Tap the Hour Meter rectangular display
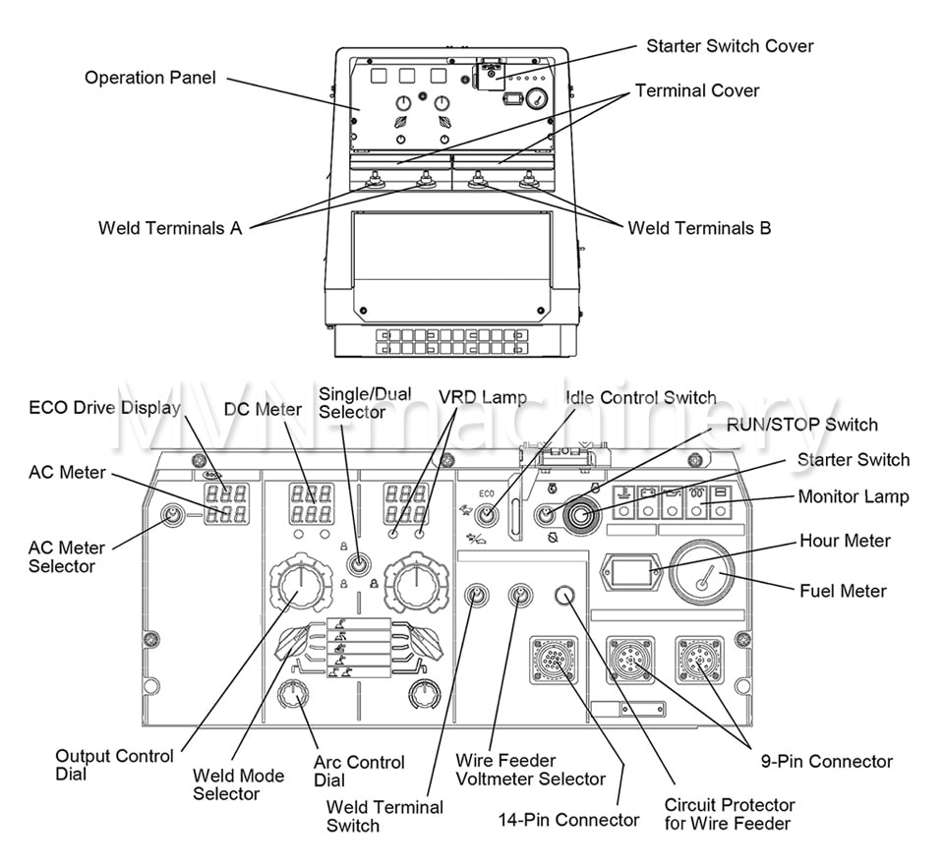632,571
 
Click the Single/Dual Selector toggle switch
360,564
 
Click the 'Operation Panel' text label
149,77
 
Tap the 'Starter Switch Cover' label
729,46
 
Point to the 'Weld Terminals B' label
699,228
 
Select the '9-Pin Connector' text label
826,761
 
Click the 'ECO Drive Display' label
105,408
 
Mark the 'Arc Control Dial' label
359,772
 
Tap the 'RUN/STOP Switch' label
801,425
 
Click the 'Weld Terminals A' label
169,228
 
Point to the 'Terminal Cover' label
697,90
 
